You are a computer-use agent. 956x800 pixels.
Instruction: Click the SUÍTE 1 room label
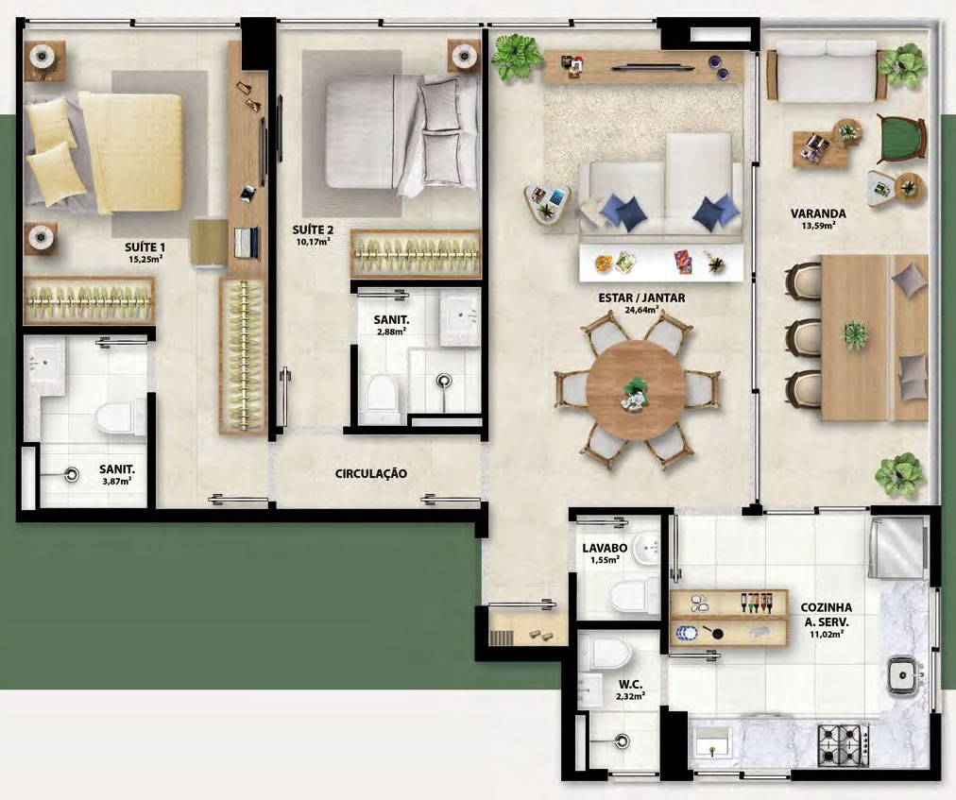[x=145, y=247]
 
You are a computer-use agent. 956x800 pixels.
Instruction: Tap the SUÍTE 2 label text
[x=313, y=230]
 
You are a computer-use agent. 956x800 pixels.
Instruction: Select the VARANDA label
[x=818, y=213]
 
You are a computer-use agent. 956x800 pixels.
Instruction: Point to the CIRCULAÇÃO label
[x=370, y=473]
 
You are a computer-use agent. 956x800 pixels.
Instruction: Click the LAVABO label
[x=605, y=548]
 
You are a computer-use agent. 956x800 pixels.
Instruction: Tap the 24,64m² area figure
[x=642, y=310]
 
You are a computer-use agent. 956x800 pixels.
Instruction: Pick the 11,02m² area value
[x=827, y=634]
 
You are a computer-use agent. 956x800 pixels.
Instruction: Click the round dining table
[x=635, y=389]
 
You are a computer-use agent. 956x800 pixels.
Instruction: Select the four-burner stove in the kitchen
[x=843, y=746]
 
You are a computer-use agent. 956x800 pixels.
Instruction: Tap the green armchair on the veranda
[x=900, y=139]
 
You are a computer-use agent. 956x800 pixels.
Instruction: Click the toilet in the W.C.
[x=611, y=654]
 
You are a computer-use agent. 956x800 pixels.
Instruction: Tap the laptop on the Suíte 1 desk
[x=247, y=242]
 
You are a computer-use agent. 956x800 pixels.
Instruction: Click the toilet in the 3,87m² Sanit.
[x=120, y=417]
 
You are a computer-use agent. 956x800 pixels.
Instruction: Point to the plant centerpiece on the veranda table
[x=856, y=334]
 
